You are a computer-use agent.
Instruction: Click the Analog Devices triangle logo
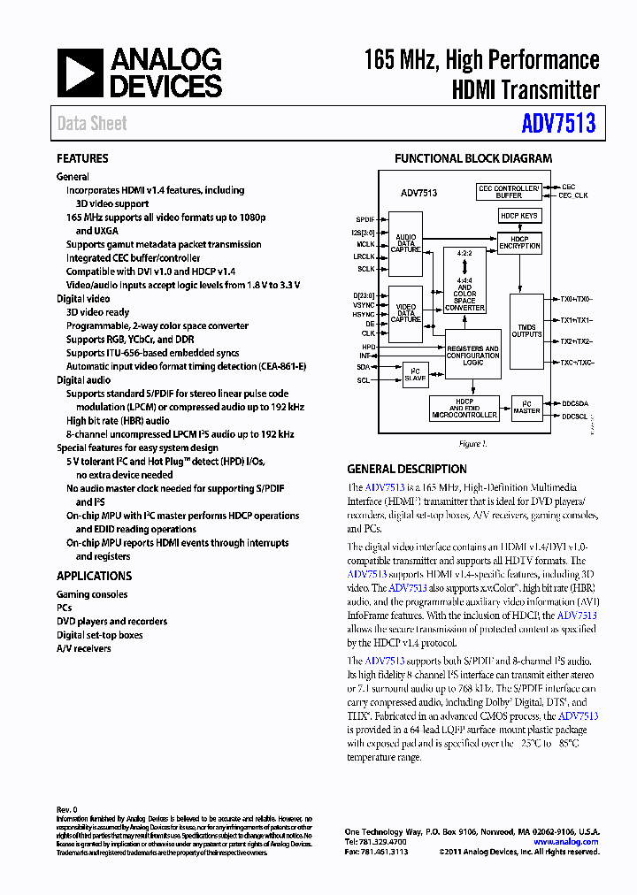[x=81, y=73]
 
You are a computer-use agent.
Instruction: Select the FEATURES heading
[x=82, y=159]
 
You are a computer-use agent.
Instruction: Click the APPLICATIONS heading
[x=94, y=577]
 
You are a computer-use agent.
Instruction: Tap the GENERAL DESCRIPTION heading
[x=407, y=470]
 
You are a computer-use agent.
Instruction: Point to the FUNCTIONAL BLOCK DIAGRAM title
[x=473, y=159]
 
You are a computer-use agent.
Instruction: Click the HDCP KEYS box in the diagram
[x=519, y=216]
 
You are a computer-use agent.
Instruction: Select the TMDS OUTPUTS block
[x=527, y=331]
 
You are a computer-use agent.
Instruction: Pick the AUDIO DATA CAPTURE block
[x=406, y=244]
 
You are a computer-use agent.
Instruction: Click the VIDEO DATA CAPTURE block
[x=406, y=315]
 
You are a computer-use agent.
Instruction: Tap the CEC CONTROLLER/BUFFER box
[x=509, y=191]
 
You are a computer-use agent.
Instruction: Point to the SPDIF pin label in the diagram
[x=365, y=218]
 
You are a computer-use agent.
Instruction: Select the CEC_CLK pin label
[x=573, y=195]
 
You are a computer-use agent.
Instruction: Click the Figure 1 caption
[x=472, y=444]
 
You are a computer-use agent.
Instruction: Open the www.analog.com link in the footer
[x=566, y=842]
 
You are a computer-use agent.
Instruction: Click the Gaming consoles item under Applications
[x=92, y=594]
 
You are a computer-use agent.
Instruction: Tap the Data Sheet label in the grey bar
[x=92, y=124]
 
